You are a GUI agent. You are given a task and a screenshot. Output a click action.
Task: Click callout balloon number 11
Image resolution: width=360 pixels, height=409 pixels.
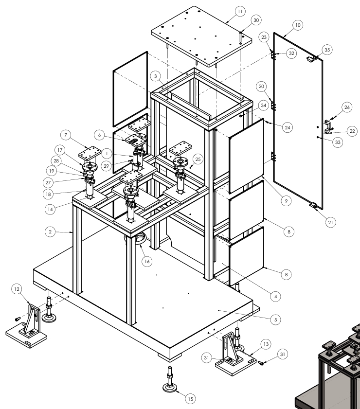[240, 11]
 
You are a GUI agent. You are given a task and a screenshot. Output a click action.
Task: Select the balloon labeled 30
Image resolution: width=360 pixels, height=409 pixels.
[256, 20]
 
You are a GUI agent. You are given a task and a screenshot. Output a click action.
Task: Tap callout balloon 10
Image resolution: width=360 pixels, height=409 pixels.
[298, 24]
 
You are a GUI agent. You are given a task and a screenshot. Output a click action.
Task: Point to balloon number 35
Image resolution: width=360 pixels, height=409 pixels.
[327, 50]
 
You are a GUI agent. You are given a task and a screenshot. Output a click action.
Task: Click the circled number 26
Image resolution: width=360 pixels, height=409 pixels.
[346, 107]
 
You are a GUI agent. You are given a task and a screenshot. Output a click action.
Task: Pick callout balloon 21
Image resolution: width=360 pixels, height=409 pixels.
[331, 223]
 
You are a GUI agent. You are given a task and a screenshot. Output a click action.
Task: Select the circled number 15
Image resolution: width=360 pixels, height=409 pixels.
[190, 399]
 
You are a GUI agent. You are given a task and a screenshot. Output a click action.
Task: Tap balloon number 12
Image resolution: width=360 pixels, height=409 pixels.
[18, 289]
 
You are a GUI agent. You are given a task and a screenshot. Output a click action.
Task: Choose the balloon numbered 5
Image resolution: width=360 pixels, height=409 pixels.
[275, 320]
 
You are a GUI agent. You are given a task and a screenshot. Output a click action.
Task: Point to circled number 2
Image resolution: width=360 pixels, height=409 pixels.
[50, 232]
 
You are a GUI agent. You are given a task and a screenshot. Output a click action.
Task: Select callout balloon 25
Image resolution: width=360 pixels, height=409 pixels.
[197, 159]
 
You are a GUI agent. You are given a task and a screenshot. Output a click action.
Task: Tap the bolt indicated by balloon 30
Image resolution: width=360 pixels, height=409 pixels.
[241, 37]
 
